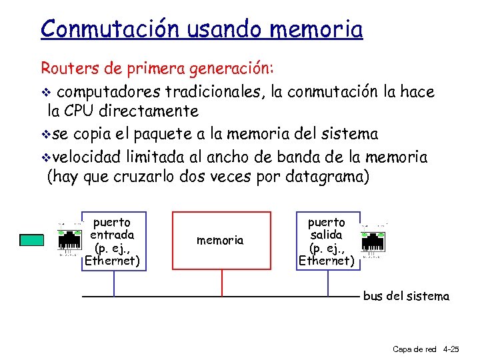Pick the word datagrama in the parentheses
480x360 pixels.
point(326,177)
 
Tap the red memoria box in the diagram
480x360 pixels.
point(221,240)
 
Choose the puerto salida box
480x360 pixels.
point(327,241)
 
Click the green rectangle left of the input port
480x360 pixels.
point(31,240)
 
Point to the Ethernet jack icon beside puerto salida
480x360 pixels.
point(374,241)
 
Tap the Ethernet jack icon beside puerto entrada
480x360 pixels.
point(69,240)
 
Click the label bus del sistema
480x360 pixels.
point(406,296)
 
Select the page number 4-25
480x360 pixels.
point(451,349)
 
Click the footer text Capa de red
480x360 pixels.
point(415,349)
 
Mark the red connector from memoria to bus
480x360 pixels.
point(221,282)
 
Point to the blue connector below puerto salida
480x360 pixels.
point(328,282)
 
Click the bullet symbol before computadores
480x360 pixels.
point(45,92)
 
